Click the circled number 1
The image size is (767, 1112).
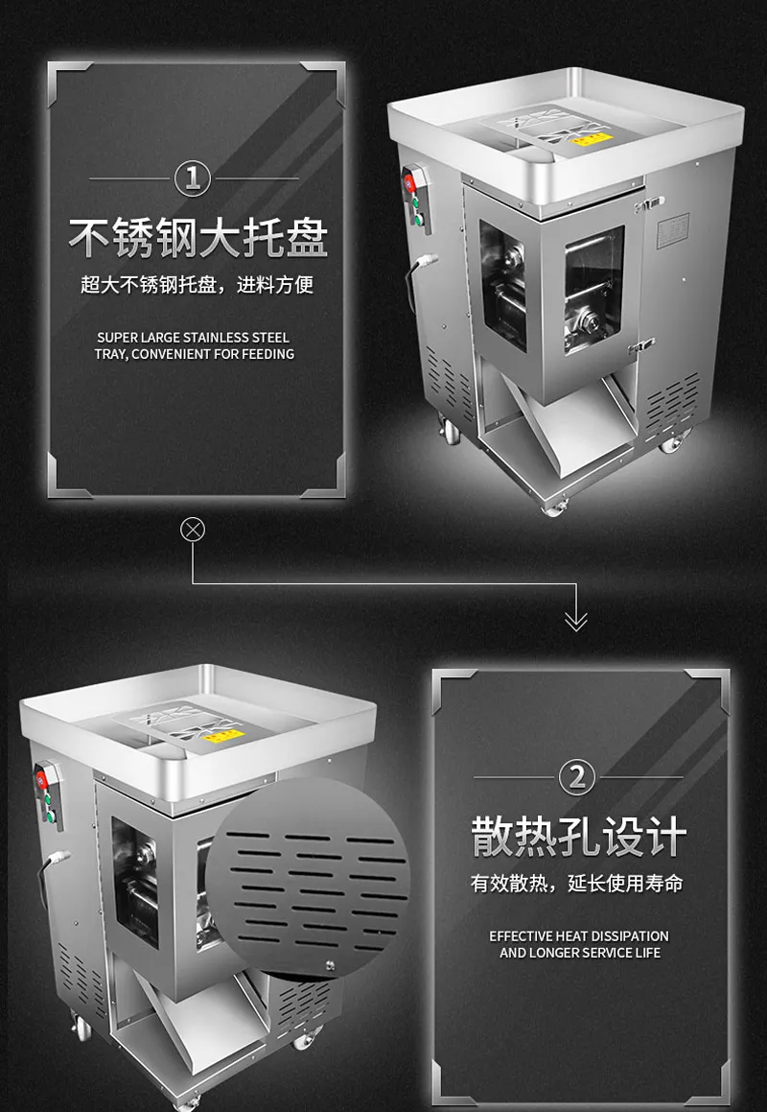coord(193,178)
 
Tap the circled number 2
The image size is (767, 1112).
coord(577,777)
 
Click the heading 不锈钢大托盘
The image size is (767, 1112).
coord(198,238)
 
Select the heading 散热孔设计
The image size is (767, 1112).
coord(578,837)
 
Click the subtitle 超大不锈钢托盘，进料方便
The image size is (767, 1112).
coord(198,285)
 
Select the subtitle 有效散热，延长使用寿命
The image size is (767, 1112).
coord(577,884)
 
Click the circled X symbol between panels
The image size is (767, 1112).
coord(193,529)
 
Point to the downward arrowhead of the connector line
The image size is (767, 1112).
coord(575,621)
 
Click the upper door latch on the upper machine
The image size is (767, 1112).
coord(648,204)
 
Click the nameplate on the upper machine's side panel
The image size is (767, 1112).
coord(673,229)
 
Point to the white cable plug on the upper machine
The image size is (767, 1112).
coord(427,261)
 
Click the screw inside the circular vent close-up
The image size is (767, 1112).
coord(328,962)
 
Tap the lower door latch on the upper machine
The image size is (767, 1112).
coord(640,346)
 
